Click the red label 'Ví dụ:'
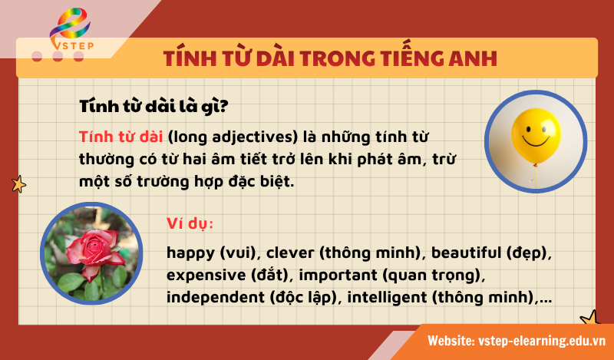tap(190, 224)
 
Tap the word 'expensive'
tap(205, 274)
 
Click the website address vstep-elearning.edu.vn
tap(543, 340)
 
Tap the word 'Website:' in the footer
tap(451, 340)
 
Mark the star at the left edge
tap(18, 184)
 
